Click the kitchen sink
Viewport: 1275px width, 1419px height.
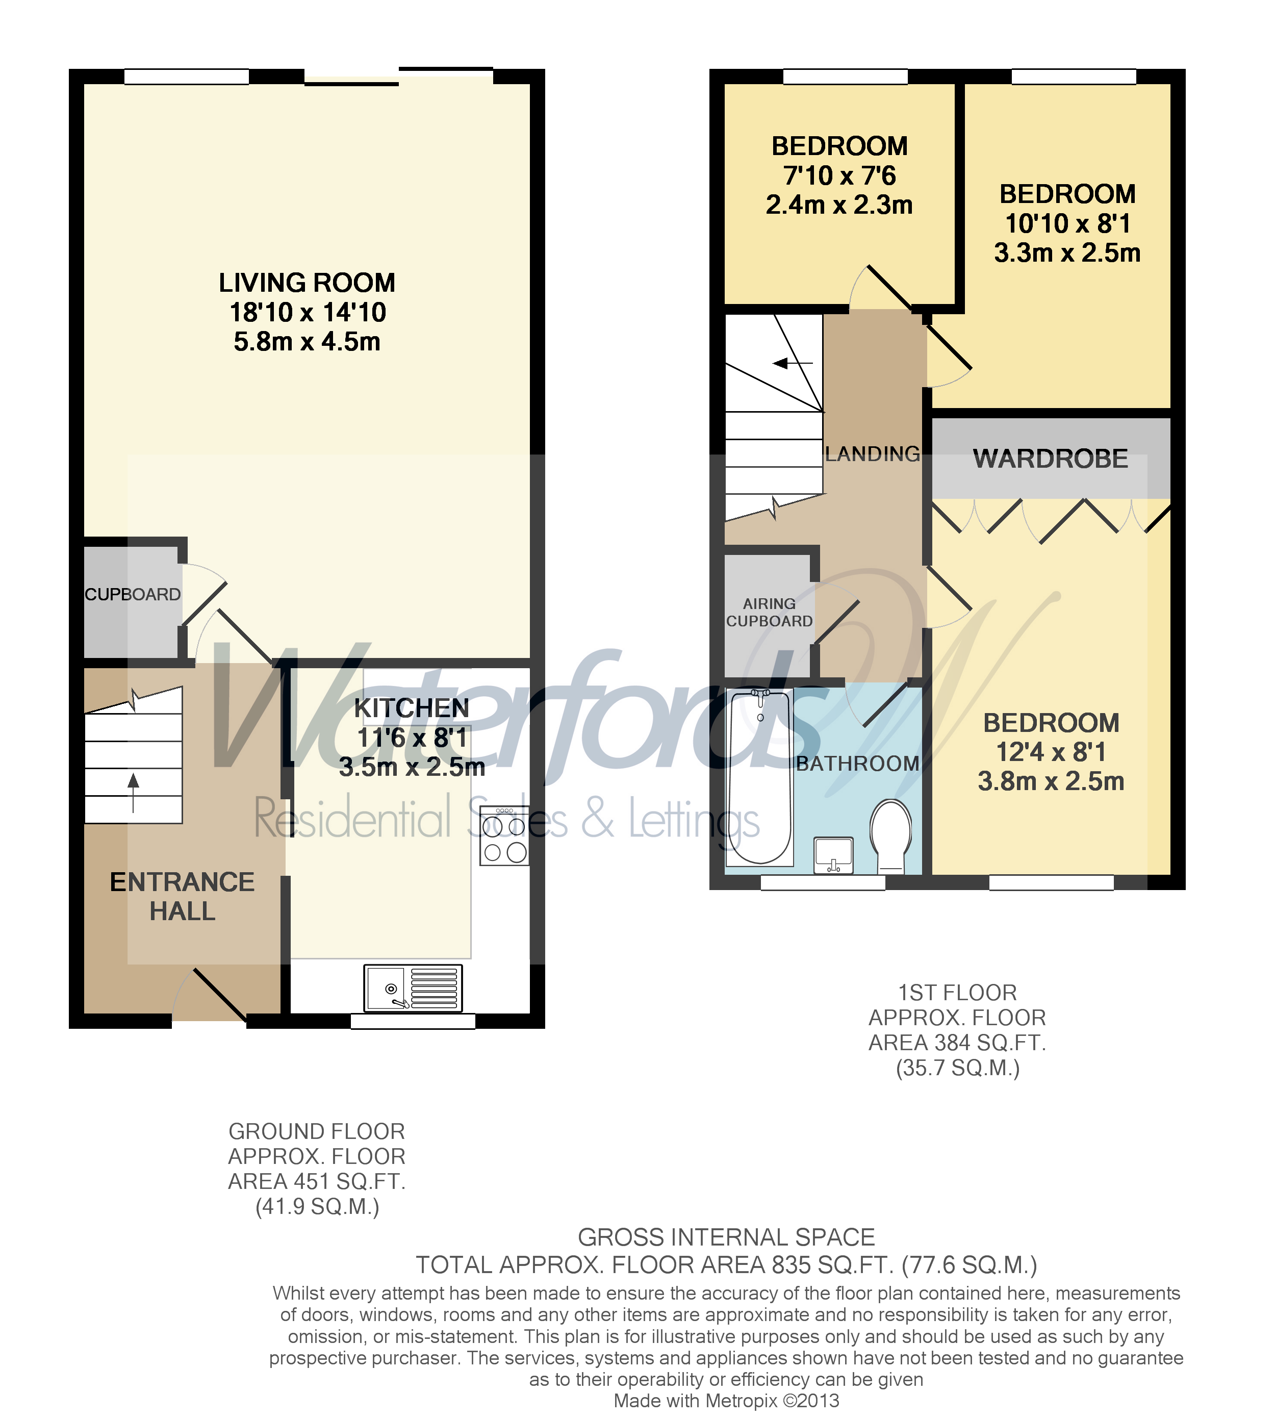click(413, 988)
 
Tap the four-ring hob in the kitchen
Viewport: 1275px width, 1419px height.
click(504, 835)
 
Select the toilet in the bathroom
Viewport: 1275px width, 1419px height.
click(890, 835)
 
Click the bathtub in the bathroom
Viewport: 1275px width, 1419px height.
click(759, 776)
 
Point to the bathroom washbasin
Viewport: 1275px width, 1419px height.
click(834, 855)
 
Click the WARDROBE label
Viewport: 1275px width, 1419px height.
click(1050, 459)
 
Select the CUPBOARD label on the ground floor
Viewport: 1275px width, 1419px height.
click(133, 594)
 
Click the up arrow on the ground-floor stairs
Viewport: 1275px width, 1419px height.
click(133, 791)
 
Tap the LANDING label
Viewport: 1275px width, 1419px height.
click(872, 454)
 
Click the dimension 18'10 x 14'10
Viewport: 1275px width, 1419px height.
click(308, 313)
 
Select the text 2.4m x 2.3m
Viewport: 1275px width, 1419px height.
click(839, 206)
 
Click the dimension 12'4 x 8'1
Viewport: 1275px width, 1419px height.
click(1051, 752)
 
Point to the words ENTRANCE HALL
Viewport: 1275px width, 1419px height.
click(182, 896)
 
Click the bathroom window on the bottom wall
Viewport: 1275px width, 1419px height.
click(823, 883)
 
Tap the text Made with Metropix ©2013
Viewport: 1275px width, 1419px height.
click(726, 1401)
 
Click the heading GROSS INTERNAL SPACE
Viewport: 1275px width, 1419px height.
click(726, 1237)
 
